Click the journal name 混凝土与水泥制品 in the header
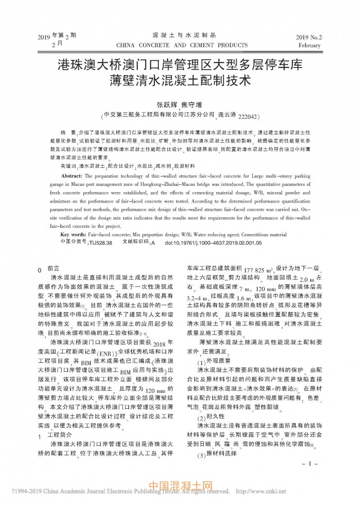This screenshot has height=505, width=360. point(182,35)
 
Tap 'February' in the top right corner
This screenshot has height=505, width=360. point(309,45)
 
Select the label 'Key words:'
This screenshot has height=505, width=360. point(73,234)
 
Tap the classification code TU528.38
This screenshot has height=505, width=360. point(100,243)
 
